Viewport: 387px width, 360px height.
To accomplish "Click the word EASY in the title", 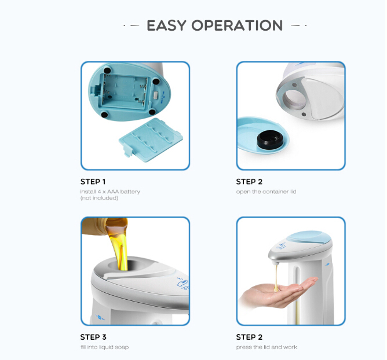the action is pos(166,25).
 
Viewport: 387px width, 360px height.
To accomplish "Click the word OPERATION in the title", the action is pos(237,25).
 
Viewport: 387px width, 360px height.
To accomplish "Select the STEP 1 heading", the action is pos(93,182).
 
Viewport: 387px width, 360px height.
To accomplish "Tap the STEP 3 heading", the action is pos(93,337).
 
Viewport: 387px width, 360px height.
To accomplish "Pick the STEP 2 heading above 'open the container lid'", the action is pos(249,182).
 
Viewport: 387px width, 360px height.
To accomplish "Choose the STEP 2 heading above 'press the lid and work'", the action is pos(249,337).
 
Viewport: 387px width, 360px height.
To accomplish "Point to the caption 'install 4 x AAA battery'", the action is pos(110,192).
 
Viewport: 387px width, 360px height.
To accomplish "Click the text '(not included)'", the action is pos(99,198).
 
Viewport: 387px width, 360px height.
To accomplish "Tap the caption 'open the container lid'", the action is pos(266,192).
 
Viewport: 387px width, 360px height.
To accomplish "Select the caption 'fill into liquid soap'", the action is pos(104,347).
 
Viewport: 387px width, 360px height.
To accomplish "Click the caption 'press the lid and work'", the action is pos(266,347).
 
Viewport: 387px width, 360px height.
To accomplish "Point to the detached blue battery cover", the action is pos(151,139).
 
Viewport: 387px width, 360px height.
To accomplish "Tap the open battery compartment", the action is pos(125,91).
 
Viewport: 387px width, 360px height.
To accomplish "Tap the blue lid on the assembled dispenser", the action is pos(309,237).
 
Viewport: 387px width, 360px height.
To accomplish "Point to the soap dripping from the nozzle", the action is pos(276,277).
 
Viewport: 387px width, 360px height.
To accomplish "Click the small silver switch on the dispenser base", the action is pos(155,95).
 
